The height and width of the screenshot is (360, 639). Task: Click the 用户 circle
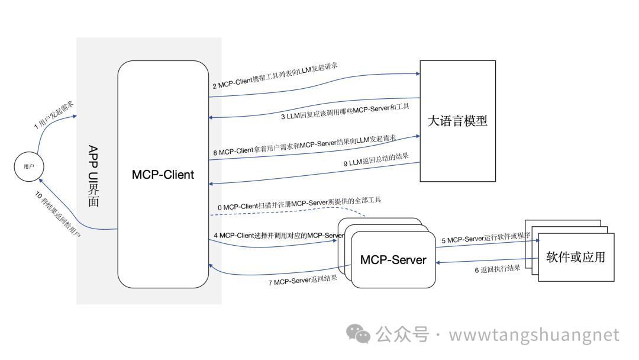tap(29, 167)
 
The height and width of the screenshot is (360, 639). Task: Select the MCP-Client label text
tap(163, 175)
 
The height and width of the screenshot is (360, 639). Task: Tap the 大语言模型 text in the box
tap(457, 121)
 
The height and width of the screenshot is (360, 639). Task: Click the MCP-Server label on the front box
tap(393, 260)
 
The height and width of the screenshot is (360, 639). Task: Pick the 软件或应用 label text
tap(576, 257)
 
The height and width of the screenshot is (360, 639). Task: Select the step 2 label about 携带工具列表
tap(275, 75)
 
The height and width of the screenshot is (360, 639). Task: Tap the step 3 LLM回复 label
tap(345, 111)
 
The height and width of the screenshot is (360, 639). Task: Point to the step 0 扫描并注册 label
tap(299, 204)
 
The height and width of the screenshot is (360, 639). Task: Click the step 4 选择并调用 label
tap(279, 236)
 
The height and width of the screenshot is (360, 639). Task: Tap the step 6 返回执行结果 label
tap(497, 269)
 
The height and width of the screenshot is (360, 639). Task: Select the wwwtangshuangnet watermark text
tap(534, 335)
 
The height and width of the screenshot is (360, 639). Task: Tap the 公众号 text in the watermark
tap(402, 335)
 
